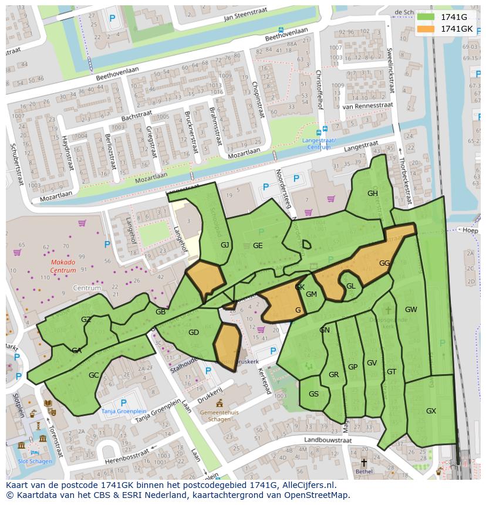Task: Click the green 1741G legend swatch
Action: pos(427,17)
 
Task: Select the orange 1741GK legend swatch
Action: pos(427,29)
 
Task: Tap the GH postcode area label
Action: pos(373,194)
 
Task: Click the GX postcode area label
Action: pos(431,411)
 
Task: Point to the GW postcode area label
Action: pos(411,310)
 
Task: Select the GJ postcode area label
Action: pos(225,245)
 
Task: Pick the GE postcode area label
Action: pos(258,246)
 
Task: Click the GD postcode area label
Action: pos(194,333)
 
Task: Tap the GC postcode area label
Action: pos(94,375)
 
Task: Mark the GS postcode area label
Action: pos(313,394)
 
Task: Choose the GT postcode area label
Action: pos(392,372)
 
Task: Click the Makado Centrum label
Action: pos(63,266)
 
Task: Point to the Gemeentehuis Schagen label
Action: pos(220,416)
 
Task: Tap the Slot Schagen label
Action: pos(35,461)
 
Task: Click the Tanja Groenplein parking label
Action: pos(123,411)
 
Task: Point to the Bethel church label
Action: pos(364,471)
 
